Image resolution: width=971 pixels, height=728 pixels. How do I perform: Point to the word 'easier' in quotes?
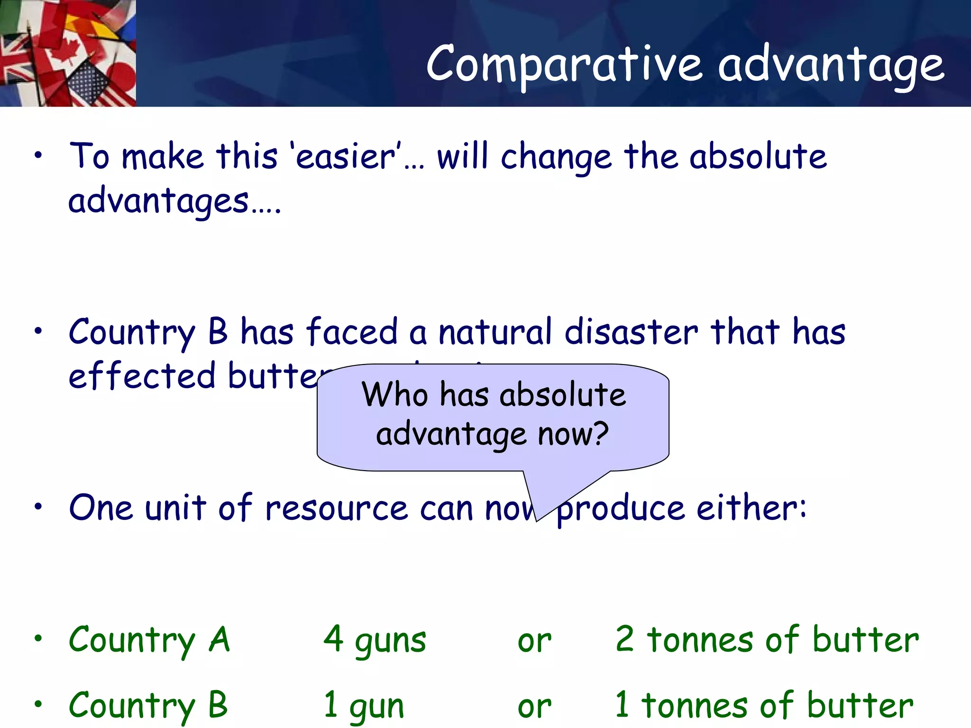point(346,156)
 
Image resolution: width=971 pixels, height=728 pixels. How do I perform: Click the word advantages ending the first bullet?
point(159,201)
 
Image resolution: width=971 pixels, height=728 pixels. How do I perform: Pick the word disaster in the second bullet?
point(631,332)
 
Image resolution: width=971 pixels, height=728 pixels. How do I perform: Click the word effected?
point(142,376)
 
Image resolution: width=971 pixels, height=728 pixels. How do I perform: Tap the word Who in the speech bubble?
point(394,394)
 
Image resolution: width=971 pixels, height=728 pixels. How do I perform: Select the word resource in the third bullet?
point(336,508)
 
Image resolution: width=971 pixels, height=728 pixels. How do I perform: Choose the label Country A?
point(149,640)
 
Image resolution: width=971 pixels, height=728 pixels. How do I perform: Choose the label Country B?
point(148,705)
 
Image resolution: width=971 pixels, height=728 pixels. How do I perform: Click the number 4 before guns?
point(334,639)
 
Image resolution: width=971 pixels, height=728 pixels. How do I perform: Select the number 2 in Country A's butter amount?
point(624,639)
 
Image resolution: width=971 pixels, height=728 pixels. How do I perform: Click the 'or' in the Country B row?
point(534,707)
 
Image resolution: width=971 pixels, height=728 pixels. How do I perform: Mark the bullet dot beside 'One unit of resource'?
point(38,507)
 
